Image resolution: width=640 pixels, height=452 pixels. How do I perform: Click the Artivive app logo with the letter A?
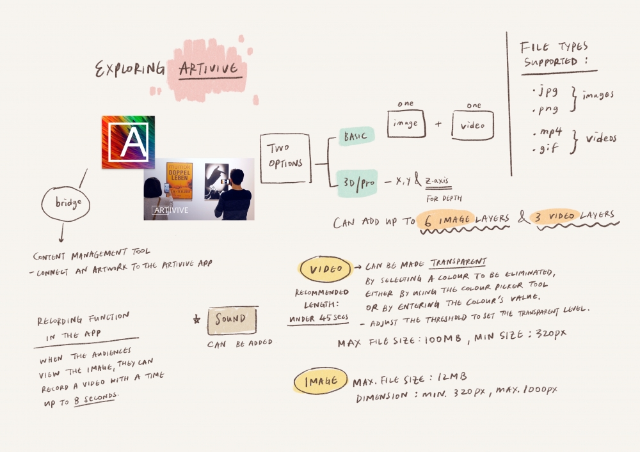pyautogui.click(x=128, y=142)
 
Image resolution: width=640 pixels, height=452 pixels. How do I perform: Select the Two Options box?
pyautogui.click(x=285, y=158)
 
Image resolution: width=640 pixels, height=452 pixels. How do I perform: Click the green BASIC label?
pyautogui.click(x=356, y=136)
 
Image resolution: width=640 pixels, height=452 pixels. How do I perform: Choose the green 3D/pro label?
pyautogui.click(x=358, y=183)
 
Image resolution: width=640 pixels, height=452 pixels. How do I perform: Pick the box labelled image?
pyautogui.click(x=406, y=123)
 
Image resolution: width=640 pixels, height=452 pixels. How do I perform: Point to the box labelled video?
pyautogui.click(x=473, y=125)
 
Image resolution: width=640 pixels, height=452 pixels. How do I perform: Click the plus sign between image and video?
pyautogui.click(x=438, y=123)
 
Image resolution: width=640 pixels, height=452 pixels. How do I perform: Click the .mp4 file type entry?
pyautogui.click(x=547, y=132)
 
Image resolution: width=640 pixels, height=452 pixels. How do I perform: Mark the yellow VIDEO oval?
pyautogui.click(x=326, y=269)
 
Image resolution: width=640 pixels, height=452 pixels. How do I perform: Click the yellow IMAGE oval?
pyautogui.click(x=321, y=381)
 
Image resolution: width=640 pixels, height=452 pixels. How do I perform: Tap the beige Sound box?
pyautogui.click(x=232, y=320)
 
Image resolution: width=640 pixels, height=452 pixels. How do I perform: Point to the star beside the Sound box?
pyautogui.click(x=196, y=319)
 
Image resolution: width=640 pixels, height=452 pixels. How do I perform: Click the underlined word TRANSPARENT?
pyautogui.click(x=458, y=263)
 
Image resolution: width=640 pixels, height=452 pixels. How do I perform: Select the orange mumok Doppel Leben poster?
pyautogui.click(x=180, y=181)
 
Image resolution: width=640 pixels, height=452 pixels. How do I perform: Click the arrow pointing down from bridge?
pyautogui.click(x=61, y=233)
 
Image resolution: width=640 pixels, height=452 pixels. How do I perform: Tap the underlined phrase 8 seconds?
pyautogui.click(x=95, y=398)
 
